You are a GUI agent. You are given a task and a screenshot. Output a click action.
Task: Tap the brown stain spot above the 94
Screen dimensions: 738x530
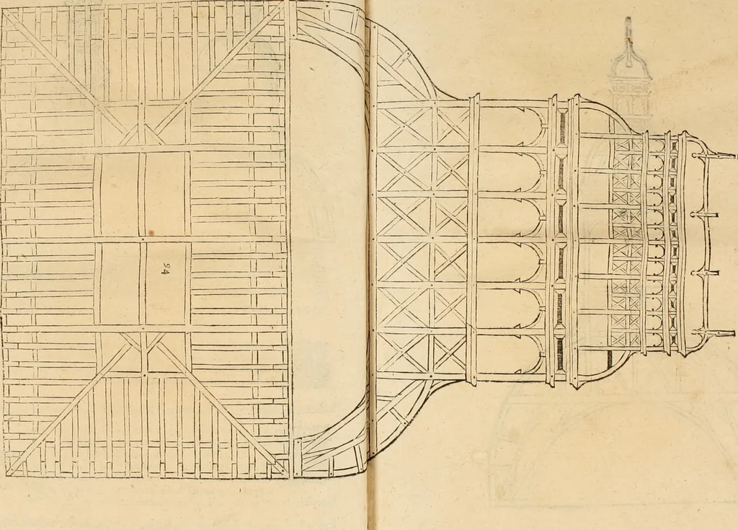pyautogui.click(x=151, y=233)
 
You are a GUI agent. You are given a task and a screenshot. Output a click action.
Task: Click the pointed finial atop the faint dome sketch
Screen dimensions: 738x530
pyautogui.click(x=628, y=30)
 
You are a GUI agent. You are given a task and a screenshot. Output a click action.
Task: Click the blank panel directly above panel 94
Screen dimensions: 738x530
pyautogui.click(x=165, y=194)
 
